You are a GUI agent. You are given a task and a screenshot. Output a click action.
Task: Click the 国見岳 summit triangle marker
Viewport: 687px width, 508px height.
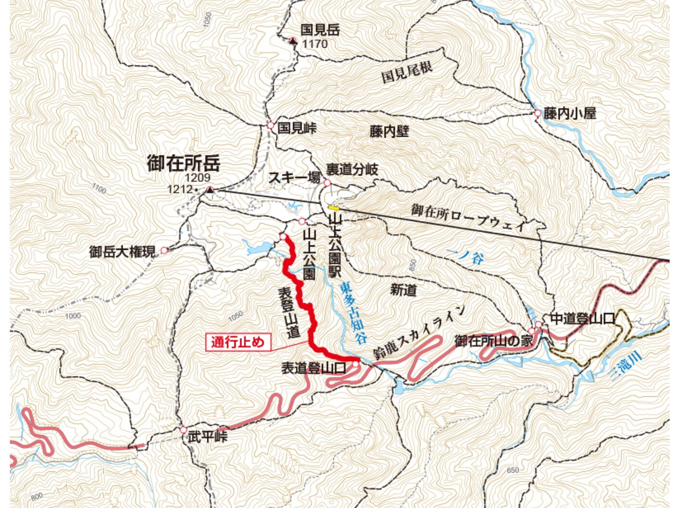pyautogui.click(x=293, y=41)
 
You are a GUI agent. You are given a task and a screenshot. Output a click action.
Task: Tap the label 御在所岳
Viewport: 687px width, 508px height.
pyautogui.click(x=183, y=163)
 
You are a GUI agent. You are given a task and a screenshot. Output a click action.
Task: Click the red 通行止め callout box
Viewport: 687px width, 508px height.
pyautogui.click(x=238, y=342)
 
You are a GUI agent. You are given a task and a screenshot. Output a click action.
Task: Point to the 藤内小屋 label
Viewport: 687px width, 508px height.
pyautogui.click(x=570, y=114)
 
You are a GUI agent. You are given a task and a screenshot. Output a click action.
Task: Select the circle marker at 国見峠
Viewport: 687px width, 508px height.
pyautogui.click(x=270, y=125)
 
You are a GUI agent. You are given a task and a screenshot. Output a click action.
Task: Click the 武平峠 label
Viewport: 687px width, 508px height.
pyautogui.click(x=207, y=437)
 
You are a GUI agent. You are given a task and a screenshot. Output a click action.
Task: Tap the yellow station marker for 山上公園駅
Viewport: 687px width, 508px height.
pyautogui.click(x=333, y=208)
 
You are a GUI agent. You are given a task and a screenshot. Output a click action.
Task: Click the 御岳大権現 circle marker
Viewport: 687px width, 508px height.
pyautogui.click(x=164, y=250)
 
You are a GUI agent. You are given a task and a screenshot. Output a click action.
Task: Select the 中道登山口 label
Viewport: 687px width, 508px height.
pyautogui.click(x=582, y=318)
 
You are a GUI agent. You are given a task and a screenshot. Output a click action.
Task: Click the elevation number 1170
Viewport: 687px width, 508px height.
pyautogui.click(x=315, y=44)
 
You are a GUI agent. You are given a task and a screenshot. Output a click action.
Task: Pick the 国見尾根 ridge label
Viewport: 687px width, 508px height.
pyautogui.click(x=407, y=72)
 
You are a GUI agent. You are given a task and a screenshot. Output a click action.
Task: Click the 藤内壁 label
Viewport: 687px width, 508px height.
pyautogui.click(x=389, y=131)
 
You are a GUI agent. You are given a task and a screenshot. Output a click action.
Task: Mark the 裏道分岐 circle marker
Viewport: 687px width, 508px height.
pyautogui.click(x=327, y=182)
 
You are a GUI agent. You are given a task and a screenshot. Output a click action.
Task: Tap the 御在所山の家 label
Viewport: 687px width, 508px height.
pyautogui.click(x=494, y=341)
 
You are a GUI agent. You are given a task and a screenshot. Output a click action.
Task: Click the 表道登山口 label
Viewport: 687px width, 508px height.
pyautogui.click(x=314, y=368)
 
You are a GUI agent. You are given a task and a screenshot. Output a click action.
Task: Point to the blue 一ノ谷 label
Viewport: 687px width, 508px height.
pyautogui.click(x=465, y=256)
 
